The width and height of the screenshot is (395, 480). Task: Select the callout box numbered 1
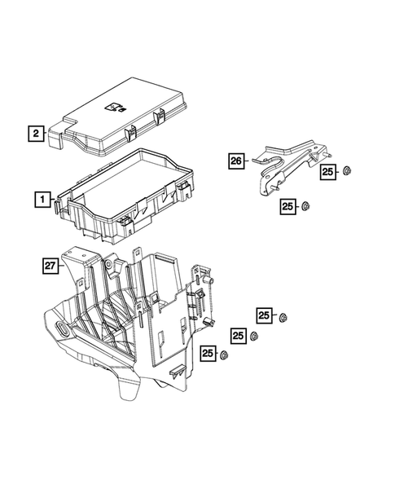41,197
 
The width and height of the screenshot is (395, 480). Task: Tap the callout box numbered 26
235,161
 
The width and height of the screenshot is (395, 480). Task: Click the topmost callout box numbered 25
327,171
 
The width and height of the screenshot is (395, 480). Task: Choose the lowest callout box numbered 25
209,353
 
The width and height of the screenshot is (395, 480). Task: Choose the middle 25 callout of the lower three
237,334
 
